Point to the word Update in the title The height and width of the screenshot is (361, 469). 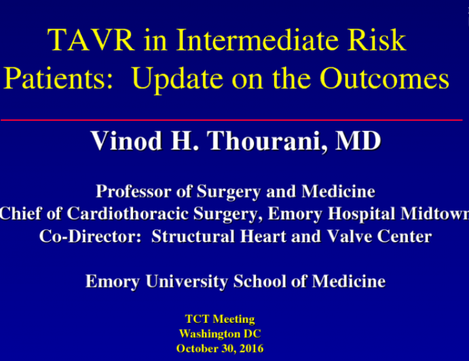174,79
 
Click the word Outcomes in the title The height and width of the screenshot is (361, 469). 386,79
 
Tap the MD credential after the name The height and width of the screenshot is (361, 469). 357,142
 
